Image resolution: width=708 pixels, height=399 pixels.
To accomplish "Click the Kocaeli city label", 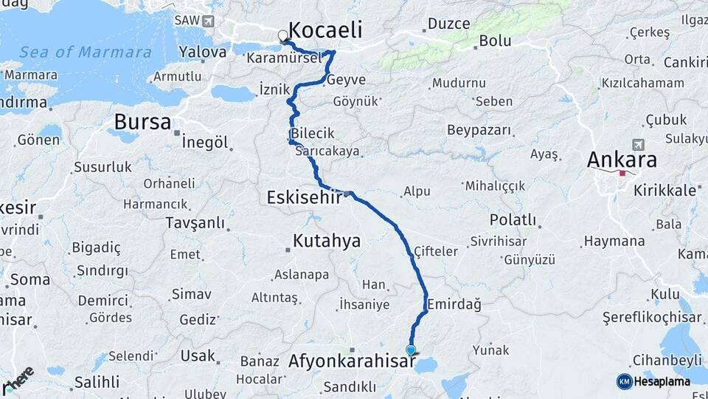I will (x=325, y=30).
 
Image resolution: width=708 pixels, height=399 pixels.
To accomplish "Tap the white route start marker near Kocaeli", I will (x=283, y=35).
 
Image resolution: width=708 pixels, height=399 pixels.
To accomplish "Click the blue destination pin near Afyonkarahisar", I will (x=411, y=350).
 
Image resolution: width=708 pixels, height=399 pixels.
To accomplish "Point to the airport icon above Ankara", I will (x=638, y=144).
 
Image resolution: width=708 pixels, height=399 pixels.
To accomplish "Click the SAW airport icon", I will (x=209, y=21).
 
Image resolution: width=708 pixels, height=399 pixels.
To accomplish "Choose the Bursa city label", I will (x=142, y=122).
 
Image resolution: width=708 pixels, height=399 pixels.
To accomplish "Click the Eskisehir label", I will (x=304, y=197).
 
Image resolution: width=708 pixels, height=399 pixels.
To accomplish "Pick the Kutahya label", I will (x=326, y=240).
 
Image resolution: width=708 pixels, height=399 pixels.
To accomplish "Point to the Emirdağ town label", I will (x=453, y=304).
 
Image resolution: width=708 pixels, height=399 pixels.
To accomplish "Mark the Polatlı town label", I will (x=512, y=219).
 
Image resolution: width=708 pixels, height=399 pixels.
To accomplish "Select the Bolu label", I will (x=495, y=41).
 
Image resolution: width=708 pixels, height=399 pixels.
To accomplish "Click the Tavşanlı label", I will (x=195, y=222).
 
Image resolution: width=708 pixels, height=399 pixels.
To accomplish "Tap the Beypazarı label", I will (x=479, y=130).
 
